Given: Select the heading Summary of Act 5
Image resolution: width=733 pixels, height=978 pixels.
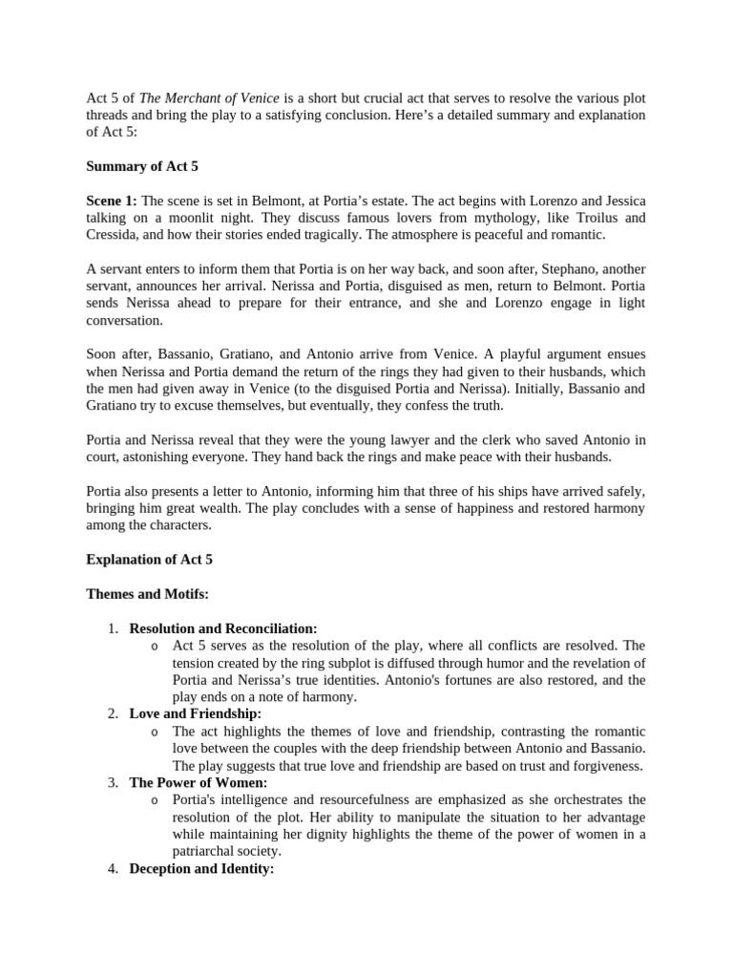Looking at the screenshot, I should pos(142,166).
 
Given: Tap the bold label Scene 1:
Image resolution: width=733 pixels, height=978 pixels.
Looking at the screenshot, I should pos(112,201).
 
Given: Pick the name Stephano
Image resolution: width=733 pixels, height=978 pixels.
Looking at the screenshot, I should pos(557,269).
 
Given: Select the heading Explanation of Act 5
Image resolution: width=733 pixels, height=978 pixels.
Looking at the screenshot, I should pos(150,560).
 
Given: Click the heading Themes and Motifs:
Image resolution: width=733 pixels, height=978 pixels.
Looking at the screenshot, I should pos(147,594).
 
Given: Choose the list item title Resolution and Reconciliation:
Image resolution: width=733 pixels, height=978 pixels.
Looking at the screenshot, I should pos(223,628).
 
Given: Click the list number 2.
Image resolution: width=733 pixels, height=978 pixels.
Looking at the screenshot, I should pos(113,714).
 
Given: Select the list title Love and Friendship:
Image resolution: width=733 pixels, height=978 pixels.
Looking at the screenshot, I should pos(195,714).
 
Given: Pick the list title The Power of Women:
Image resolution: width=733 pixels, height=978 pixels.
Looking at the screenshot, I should pos(199,783).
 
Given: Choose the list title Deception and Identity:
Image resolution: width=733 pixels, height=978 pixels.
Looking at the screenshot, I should pos(201,869).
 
